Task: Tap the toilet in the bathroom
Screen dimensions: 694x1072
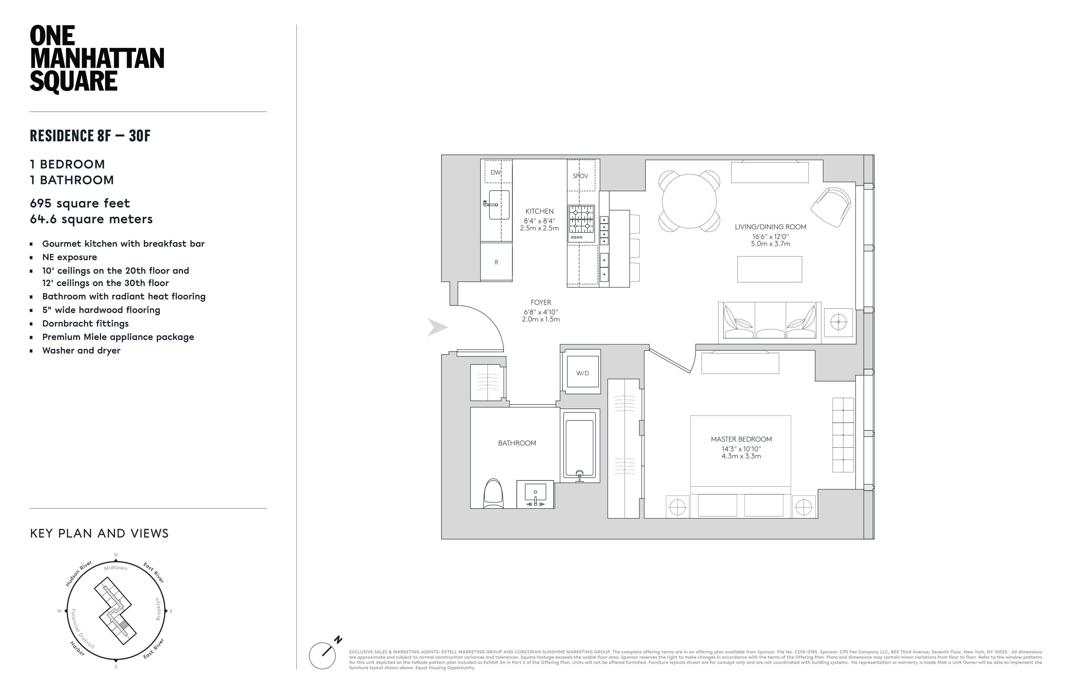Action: (493, 494)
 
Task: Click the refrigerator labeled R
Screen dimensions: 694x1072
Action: (496, 262)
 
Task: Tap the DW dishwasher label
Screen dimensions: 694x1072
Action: (495, 172)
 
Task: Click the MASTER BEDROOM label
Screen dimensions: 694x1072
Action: (741, 439)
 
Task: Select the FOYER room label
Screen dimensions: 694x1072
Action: (540, 303)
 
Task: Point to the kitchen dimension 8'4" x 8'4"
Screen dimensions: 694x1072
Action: (539, 221)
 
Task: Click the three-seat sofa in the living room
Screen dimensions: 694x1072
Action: (769, 321)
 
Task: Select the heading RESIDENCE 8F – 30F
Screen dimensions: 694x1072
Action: (90, 136)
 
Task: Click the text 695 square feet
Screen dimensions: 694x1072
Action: (80, 203)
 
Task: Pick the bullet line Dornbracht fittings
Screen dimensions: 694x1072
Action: (85, 324)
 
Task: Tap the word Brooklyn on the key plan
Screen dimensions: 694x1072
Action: (158, 609)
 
